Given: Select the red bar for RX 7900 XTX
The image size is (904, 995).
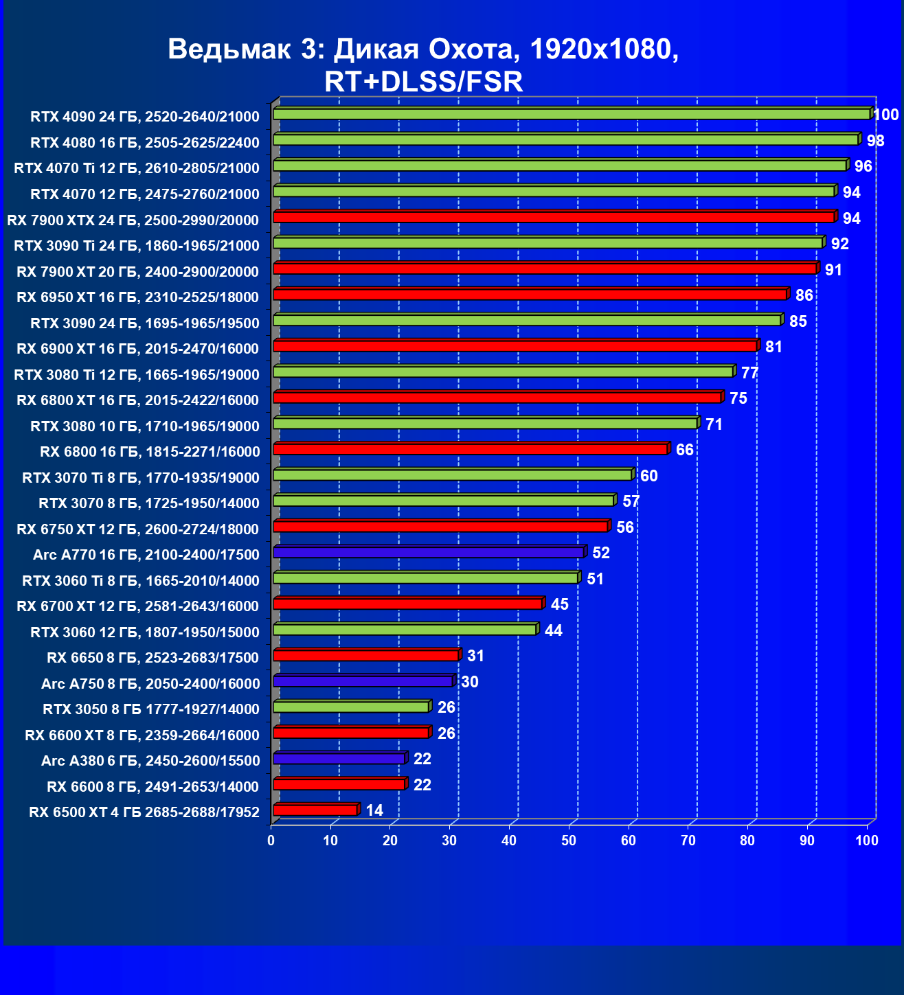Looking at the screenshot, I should point(553,217).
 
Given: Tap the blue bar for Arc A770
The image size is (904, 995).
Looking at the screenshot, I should point(428,552).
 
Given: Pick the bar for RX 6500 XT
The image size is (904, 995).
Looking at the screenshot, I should point(315,810).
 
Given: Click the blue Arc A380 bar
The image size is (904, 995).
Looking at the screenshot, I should point(339,759).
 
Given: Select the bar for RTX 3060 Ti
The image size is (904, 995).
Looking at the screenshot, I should point(425,578).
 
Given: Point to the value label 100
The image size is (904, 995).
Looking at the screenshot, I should point(886,115).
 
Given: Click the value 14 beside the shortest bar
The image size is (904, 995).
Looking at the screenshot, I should point(374,810).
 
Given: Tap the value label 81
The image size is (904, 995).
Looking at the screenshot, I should point(773,347).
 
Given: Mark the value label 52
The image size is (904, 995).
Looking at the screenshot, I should point(600,553).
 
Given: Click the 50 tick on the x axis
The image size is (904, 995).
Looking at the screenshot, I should point(569,841).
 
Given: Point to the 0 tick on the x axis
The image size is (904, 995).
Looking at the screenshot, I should point(271,841).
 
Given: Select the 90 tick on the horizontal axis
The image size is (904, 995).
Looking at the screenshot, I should point(807,841).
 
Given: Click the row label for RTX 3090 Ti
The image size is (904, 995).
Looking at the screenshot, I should point(137,246).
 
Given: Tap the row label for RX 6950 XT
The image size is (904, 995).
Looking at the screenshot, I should point(137,297).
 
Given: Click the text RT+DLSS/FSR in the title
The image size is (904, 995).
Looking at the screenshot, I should point(423,82).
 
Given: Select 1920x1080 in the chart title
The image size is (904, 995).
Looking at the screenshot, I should point(604,49).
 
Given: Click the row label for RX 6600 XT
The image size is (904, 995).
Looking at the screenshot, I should point(142,735).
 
